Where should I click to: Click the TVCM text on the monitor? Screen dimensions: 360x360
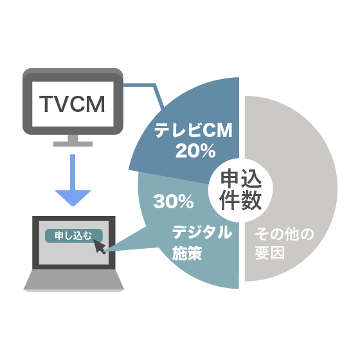pyautogui.click(x=72, y=104)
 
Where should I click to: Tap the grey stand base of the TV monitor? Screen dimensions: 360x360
pyautogui.click(x=73, y=144)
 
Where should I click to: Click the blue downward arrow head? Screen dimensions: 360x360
pyautogui.click(x=73, y=198)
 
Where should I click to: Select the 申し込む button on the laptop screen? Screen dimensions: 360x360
pyautogui.click(x=74, y=236)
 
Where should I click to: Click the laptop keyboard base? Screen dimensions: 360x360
pyautogui.click(x=74, y=280)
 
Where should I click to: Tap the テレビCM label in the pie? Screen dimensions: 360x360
pyautogui.click(x=194, y=130)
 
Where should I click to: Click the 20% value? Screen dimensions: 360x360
pyautogui.click(x=195, y=151)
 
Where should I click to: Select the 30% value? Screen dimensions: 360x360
pyautogui.click(x=174, y=202)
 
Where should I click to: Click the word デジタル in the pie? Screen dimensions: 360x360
pyautogui.click(x=202, y=232)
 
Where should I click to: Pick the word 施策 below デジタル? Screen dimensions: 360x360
pyautogui.click(x=187, y=253)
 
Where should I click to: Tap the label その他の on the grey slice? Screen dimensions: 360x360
pyautogui.click(x=284, y=234)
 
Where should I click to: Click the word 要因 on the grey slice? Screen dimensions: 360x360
pyautogui.click(x=270, y=253)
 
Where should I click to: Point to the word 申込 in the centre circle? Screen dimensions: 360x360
pyautogui.click(x=241, y=179)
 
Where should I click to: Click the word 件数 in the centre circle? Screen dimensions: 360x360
pyautogui.click(x=240, y=200)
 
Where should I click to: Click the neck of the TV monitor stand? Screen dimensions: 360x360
pyautogui.click(x=73, y=138)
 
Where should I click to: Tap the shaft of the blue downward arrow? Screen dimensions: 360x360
pyautogui.click(x=73, y=172)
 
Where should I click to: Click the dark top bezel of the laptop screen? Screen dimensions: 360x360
pyautogui.click(x=74, y=219)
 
